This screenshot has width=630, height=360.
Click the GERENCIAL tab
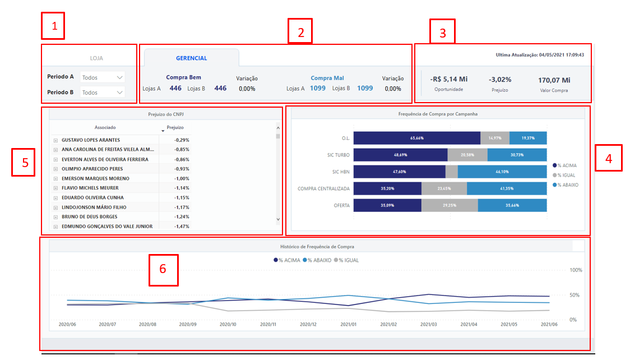pyautogui.click(x=191, y=58)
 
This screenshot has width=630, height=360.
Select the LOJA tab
pyautogui.click(x=96, y=58)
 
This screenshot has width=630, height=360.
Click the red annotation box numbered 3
pyautogui.click(x=443, y=32)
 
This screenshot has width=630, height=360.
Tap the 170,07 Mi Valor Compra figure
pyautogui.click(x=554, y=80)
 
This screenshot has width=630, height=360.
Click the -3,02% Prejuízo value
pyautogui.click(x=499, y=80)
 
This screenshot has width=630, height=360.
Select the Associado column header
pyautogui.click(x=105, y=127)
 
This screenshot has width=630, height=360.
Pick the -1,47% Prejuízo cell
pyautogui.click(x=181, y=227)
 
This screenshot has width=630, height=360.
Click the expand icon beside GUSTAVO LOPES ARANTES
pyautogui.click(x=55, y=140)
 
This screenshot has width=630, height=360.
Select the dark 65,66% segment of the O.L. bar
pyautogui.click(x=416, y=138)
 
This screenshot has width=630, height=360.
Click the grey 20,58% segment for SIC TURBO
pyautogui.click(x=467, y=155)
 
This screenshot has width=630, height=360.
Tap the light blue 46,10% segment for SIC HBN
pyautogui.click(x=502, y=172)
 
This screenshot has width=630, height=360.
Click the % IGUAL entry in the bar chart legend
pyautogui.click(x=566, y=175)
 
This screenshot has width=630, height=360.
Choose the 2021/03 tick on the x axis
pyautogui.click(x=428, y=324)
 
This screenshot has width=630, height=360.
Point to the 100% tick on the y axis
pyautogui.click(x=576, y=270)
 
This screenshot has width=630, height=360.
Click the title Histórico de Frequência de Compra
pyautogui.click(x=317, y=246)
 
